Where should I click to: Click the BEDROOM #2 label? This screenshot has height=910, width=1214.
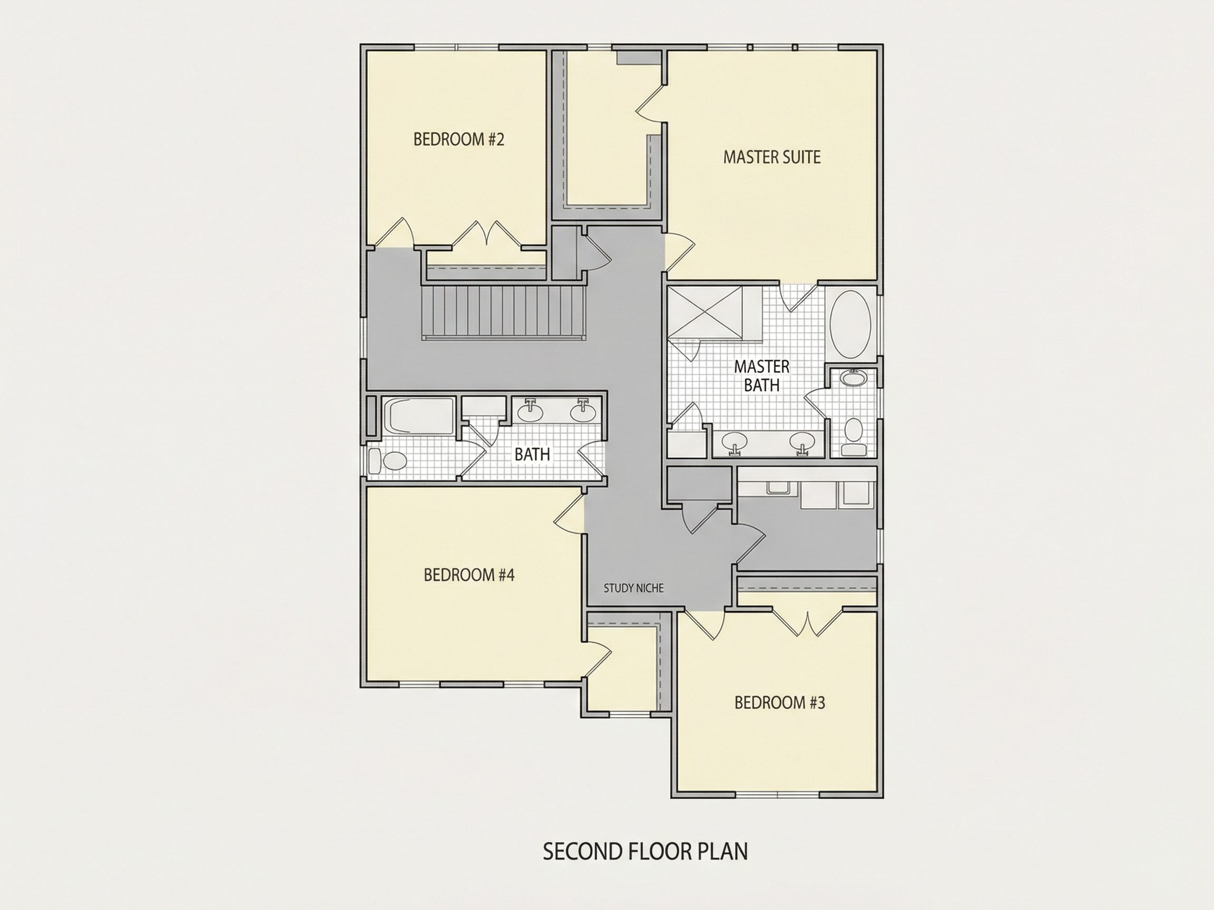458,140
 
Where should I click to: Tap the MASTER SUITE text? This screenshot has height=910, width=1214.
771,157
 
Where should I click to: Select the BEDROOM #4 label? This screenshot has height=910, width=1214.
469,575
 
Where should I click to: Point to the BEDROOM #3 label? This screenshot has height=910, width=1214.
779,703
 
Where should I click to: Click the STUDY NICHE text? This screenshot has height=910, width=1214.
633,588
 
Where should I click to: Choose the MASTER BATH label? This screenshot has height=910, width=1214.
762,375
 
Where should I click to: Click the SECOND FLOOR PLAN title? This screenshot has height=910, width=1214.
645,852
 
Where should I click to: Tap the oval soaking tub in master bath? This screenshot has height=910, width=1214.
849,324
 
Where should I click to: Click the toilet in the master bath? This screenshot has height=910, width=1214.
853,437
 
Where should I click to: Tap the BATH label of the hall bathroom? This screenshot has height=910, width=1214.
532,454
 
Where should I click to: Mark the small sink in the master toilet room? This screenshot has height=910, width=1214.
853,378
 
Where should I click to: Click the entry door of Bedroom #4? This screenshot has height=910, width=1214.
569,511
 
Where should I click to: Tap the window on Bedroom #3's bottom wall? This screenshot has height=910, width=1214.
778,795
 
